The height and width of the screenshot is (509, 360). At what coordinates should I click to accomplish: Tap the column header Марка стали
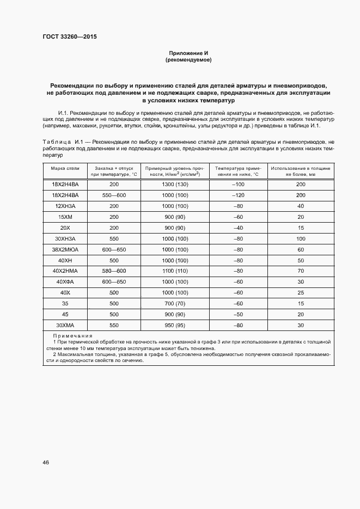point(65,169)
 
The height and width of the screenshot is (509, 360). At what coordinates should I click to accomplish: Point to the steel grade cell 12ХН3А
point(65,206)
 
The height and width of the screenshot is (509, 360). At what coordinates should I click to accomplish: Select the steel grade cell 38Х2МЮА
point(65,249)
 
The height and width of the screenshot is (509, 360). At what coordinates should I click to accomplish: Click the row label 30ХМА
point(65,325)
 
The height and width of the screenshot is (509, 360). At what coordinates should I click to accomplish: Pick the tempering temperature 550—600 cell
point(114,195)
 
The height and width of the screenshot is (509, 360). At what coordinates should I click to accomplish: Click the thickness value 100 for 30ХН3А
point(300,238)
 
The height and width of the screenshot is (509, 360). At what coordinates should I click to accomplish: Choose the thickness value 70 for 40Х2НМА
point(300,271)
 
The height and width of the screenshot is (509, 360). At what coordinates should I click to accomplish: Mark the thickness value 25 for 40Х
point(300,293)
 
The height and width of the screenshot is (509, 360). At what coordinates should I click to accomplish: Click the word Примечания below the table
point(73,336)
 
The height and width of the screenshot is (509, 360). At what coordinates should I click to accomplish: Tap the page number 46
point(46,462)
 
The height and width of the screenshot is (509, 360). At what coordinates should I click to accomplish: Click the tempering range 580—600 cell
point(114,271)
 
